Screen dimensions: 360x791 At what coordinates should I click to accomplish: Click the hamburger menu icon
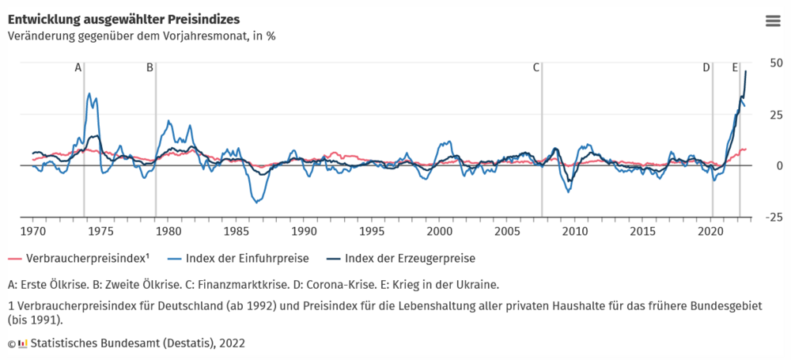pos(773,21)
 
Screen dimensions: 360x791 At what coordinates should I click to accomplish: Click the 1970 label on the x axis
pos(32,232)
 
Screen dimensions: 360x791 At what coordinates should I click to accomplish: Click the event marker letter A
pos(78,68)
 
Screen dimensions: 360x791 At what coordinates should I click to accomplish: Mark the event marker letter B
pos(149,68)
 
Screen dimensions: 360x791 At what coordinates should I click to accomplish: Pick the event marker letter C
pos(536,68)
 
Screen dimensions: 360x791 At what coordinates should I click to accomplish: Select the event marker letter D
pos(706,68)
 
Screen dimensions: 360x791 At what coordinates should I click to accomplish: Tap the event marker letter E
pos(735,68)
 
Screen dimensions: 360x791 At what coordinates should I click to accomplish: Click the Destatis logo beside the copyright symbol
pos(23,343)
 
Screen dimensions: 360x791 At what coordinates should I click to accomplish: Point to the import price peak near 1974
pos(89,93)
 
